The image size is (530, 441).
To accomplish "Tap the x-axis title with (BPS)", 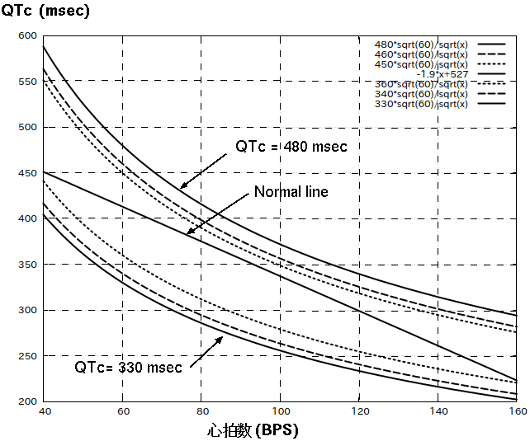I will [x=252, y=430].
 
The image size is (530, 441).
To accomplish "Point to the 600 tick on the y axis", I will [x=28, y=36].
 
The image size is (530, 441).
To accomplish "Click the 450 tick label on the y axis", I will [x=28, y=173].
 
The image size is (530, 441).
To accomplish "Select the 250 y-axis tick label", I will [x=28, y=356].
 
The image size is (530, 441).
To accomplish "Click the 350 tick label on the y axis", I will [x=28, y=265].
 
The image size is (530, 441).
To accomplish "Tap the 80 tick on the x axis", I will [x=201, y=411].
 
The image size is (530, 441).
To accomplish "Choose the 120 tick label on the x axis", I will [x=359, y=411].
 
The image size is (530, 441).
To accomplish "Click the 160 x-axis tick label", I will [x=517, y=411].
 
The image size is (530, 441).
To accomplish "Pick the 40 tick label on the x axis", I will [x=43, y=411].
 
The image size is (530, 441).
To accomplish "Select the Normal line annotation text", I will [x=291, y=192].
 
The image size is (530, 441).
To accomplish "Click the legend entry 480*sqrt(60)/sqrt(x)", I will [x=422, y=44].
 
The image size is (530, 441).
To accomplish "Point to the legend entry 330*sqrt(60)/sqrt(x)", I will [x=422, y=104].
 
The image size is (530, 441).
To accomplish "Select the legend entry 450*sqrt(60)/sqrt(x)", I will [x=422, y=64].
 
